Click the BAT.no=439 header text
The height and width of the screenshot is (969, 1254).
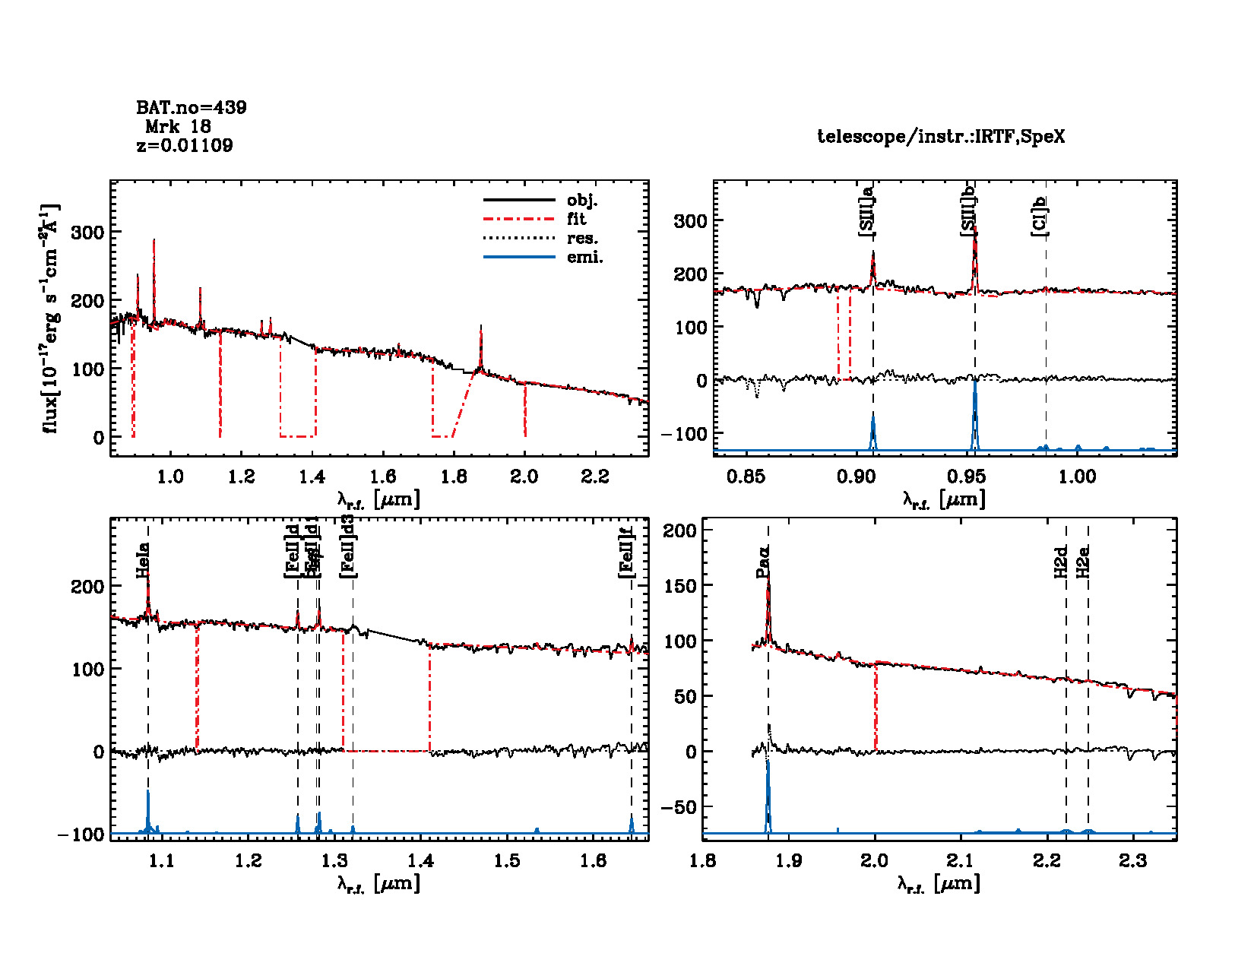(192, 108)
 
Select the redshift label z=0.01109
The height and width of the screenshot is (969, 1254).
(185, 145)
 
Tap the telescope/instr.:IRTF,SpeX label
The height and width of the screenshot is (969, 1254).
(941, 137)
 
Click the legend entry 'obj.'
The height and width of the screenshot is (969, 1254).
(582, 201)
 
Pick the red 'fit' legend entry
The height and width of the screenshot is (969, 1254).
(577, 220)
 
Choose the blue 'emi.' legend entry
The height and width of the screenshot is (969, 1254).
(584, 258)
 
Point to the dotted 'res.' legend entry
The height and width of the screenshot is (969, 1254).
(582, 239)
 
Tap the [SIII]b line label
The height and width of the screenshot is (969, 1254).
(968, 211)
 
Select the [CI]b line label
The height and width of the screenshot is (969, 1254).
(1039, 216)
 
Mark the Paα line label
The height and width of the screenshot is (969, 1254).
(763, 562)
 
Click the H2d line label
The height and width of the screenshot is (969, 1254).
(1061, 562)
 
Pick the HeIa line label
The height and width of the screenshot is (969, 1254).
(142, 561)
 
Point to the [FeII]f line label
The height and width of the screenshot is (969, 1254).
(625, 553)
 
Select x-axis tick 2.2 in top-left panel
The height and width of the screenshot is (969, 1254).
(594, 477)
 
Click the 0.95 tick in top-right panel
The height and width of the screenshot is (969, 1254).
(967, 477)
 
